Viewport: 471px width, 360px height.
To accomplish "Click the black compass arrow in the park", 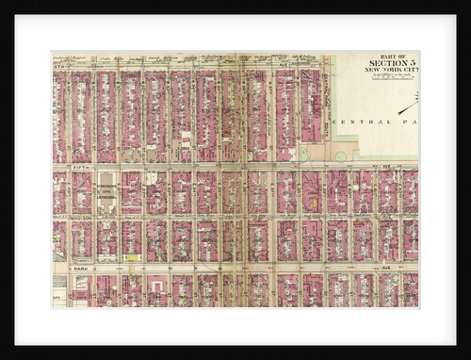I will point(408,107).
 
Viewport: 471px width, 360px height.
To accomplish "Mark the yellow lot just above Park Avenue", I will point(133,256).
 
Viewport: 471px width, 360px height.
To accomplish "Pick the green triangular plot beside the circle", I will point(295,151).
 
